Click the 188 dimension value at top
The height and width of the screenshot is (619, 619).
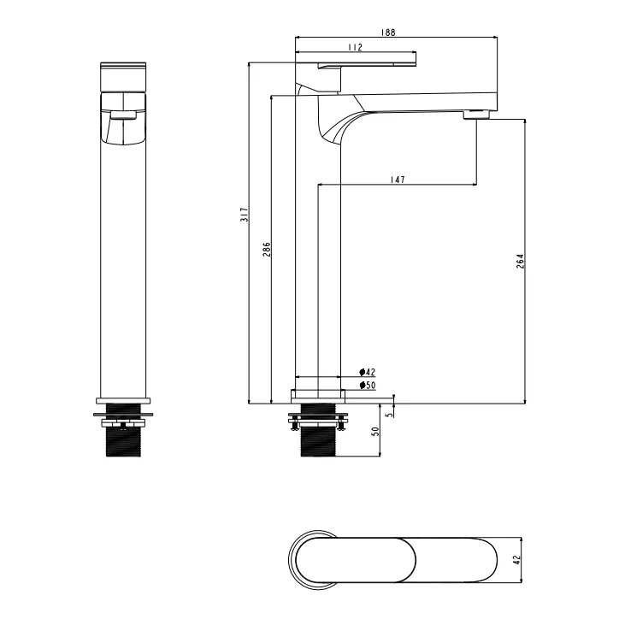(388, 32)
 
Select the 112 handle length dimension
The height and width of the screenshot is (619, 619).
(356, 47)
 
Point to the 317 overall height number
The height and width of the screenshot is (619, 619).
(245, 215)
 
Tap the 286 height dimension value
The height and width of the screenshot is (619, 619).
(267, 250)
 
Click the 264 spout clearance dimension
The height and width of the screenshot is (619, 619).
(521, 262)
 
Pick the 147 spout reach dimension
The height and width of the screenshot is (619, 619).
(398, 180)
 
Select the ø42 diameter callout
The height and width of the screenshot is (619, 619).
(367, 372)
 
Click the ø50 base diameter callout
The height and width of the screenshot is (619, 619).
(368, 386)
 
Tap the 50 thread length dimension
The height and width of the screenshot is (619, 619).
(375, 431)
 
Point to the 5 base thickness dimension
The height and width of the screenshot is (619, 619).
(390, 415)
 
